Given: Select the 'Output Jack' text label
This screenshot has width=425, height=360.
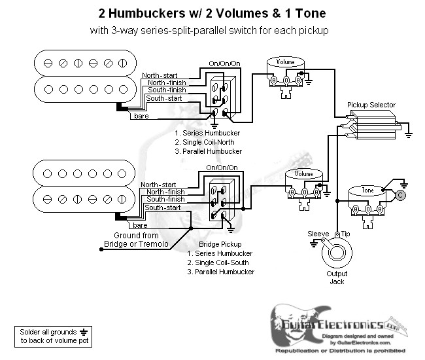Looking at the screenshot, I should click(x=337, y=278).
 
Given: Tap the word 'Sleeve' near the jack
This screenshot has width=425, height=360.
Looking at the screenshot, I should click(x=318, y=234).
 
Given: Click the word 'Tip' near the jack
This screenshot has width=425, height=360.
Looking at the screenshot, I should click(x=345, y=234).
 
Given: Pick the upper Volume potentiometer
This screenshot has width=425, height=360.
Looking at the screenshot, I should click(x=286, y=73).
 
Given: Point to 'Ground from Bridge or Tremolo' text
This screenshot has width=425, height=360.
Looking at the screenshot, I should click(x=136, y=240).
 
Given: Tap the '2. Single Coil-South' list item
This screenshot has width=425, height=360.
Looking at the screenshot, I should click(x=220, y=262).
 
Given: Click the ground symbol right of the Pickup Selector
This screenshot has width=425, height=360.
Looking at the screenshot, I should click(x=408, y=133).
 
